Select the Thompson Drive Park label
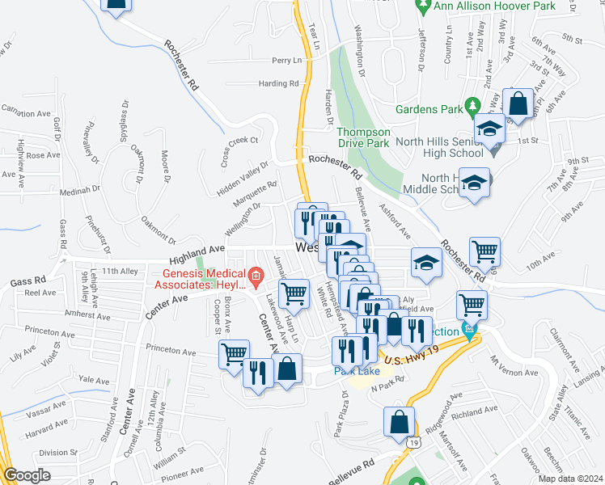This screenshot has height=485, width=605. point(363,137)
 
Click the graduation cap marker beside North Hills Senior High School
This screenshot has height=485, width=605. point(489,129)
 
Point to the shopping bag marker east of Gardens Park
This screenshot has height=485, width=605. point(517,103)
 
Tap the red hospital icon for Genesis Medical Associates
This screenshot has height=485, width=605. point(256,278)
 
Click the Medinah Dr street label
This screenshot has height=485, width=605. point(78,192)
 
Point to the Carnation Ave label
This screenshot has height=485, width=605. point(26,108)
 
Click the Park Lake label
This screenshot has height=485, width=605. point(357,371)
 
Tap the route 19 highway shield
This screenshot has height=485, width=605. point(414,444)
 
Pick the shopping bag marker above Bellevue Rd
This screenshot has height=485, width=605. point(400,423)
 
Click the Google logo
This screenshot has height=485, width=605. point(27,475)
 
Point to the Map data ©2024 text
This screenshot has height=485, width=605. point(570,479)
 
